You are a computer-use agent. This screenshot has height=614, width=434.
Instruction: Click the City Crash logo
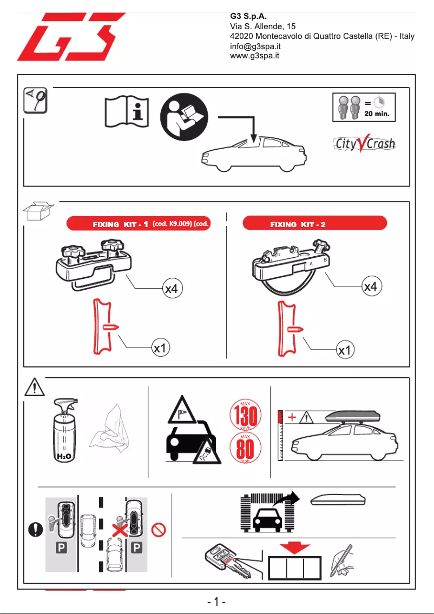pos(364,144)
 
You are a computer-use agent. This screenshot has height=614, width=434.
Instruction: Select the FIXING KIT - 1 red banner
pos(137,224)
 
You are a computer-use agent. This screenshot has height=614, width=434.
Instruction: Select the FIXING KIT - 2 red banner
pos(315,224)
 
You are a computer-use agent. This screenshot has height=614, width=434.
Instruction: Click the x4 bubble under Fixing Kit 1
pos(171,290)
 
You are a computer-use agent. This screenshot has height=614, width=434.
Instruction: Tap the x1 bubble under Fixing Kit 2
pos(344,351)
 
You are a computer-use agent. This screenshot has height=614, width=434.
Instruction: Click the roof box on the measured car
pos(353,418)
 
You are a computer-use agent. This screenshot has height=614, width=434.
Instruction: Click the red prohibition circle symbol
pos(160,529)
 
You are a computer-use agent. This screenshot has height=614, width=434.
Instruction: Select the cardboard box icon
pos(39,211)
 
